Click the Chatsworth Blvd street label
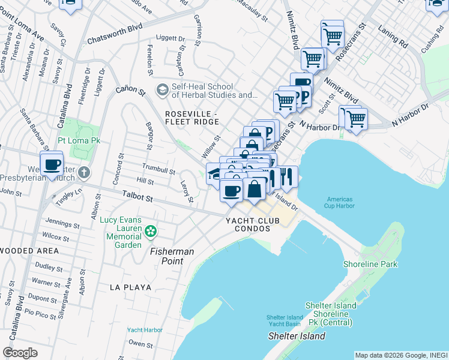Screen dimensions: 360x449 tap(115, 34)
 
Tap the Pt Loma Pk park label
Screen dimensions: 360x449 tap(79, 140)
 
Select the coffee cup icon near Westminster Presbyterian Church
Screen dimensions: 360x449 tap(52, 164)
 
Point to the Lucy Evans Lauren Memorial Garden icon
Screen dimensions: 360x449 tap(151, 230)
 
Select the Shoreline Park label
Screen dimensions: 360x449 tap(370, 264)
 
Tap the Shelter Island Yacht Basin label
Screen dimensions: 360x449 tap(285, 320)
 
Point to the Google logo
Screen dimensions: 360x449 tap(20, 352)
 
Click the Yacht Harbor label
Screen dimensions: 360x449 tap(145, 329)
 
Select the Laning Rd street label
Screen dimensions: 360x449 tap(393, 36)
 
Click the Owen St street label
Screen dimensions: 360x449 tap(140, 344)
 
